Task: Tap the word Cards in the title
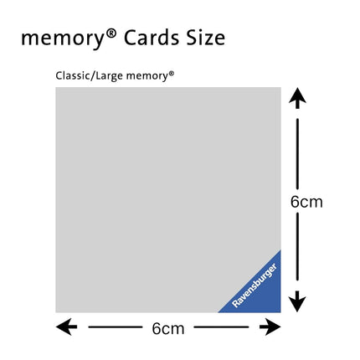click(x=152, y=38)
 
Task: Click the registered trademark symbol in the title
click(x=111, y=33)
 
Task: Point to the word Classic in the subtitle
click(x=74, y=75)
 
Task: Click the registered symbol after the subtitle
click(x=172, y=74)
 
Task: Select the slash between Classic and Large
click(x=94, y=76)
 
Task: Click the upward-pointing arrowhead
click(x=297, y=98)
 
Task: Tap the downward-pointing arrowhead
click(x=297, y=301)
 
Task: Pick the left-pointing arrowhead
click(x=66, y=327)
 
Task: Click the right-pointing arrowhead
click(x=270, y=327)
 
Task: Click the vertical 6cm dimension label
click(x=306, y=202)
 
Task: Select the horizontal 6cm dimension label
click(x=168, y=329)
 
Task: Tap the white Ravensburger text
click(x=255, y=285)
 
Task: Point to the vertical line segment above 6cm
click(x=297, y=154)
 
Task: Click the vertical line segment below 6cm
click(x=297, y=247)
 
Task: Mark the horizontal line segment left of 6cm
click(x=116, y=327)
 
